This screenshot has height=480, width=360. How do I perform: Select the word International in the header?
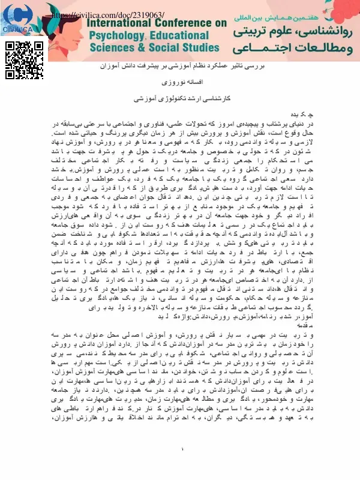coord(121,25)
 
